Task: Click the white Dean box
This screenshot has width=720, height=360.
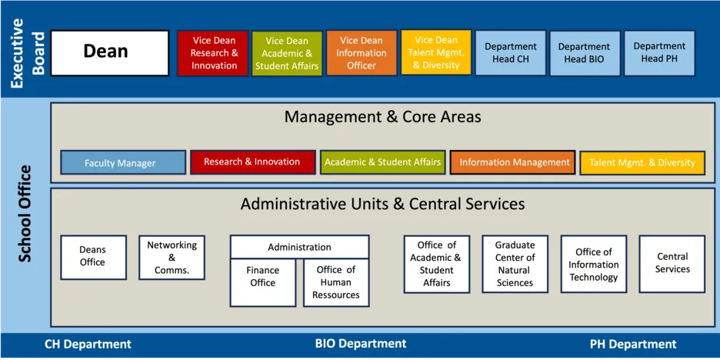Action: coord(110,53)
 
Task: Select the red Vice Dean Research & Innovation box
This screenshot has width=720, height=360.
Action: coord(213,53)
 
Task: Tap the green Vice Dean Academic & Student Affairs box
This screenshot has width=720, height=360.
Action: coord(287,53)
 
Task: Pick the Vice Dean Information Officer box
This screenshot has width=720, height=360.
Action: coord(362,53)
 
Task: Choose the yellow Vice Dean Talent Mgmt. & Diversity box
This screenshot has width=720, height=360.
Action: coord(435,52)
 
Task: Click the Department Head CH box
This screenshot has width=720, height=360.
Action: coord(511,53)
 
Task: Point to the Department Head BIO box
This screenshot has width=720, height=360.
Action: coord(585,53)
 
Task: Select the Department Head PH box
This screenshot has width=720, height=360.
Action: coord(659,53)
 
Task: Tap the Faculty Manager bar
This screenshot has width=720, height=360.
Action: coord(123,162)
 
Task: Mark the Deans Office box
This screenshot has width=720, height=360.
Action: coord(93,257)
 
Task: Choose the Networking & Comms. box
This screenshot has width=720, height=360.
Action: coord(172,257)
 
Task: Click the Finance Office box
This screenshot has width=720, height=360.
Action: coord(262,282)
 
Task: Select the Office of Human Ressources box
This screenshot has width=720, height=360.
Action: coord(336,282)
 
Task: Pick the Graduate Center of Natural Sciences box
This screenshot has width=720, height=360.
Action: coord(515,264)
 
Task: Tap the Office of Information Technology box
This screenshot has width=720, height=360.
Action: coord(594,264)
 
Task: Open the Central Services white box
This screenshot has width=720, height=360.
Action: coord(672,264)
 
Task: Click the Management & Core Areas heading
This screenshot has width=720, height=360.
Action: coord(382,117)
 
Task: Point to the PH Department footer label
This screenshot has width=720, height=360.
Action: coord(633,345)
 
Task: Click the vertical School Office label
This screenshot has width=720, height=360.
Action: coord(25,214)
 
